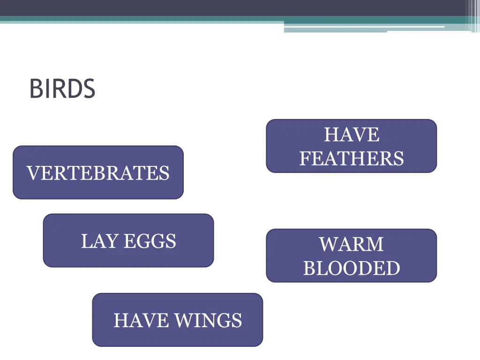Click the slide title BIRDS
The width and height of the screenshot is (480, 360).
(62, 89)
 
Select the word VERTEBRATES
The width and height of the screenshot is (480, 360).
(98, 173)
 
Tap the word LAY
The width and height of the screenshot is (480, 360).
(99, 241)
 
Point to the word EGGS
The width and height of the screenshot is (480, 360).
(150, 241)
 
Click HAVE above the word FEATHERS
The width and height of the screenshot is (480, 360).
(352, 135)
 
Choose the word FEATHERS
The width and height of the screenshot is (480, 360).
(352, 158)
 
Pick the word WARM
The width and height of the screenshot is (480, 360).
(352, 245)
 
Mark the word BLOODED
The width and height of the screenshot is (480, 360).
(352, 269)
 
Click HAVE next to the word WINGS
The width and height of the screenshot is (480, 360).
(141, 321)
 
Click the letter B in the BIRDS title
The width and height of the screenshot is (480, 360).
(35, 89)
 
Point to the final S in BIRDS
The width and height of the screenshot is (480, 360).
(89, 89)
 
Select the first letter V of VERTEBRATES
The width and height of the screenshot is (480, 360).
(32, 173)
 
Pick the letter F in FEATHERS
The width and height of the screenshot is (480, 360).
(305, 158)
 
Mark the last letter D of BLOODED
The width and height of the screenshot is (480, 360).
(393, 269)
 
